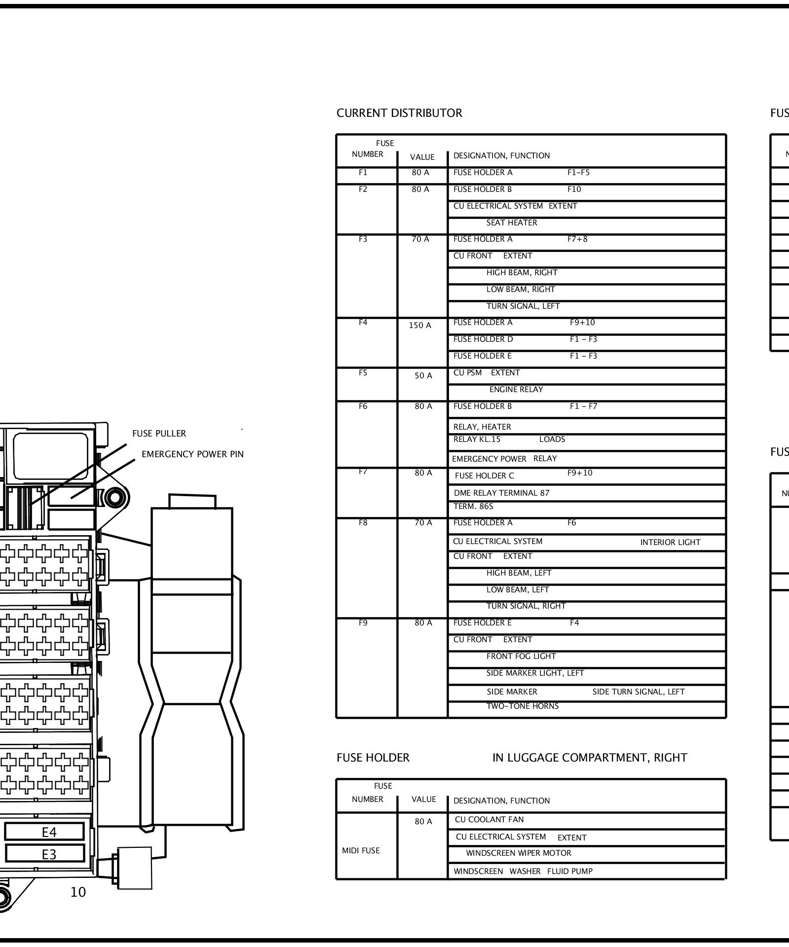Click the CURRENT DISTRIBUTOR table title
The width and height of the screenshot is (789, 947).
click(x=399, y=113)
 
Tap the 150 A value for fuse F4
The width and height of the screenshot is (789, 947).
click(x=420, y=326)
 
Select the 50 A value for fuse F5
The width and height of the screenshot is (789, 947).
click(x=423, y=376)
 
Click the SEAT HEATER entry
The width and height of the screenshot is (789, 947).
click(x=511, y=223)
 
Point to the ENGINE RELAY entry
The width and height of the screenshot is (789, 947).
click(x=516, y=390)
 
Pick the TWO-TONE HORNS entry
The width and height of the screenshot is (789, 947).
click(x=522, y=706)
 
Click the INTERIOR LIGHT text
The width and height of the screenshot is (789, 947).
click(x=670, y=543)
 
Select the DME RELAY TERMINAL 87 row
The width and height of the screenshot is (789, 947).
click(x=501, y=493)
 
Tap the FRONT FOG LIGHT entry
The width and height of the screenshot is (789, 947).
click(x=521, y=656)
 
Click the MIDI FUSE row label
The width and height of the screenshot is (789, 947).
click(x=361, y=851)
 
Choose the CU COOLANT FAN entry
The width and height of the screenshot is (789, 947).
click(x=489, y=820)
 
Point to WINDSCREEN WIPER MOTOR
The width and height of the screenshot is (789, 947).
click(x=518, y=853)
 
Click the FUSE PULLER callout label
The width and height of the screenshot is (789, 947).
click(x=159, y=434)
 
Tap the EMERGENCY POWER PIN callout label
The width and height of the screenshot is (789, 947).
click(x=192, y=454)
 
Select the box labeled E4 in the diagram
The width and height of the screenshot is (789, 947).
click(x=49, y=833)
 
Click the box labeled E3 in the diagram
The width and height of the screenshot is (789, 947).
click(x=49, y=854)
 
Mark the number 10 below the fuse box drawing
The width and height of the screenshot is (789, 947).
click(x=78, y=892)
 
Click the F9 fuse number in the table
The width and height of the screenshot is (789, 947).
click(x=363, y=623)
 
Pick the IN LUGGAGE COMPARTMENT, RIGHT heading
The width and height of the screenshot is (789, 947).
click(x=589, y=758)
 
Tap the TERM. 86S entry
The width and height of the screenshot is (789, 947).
click(x=473, y=507)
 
